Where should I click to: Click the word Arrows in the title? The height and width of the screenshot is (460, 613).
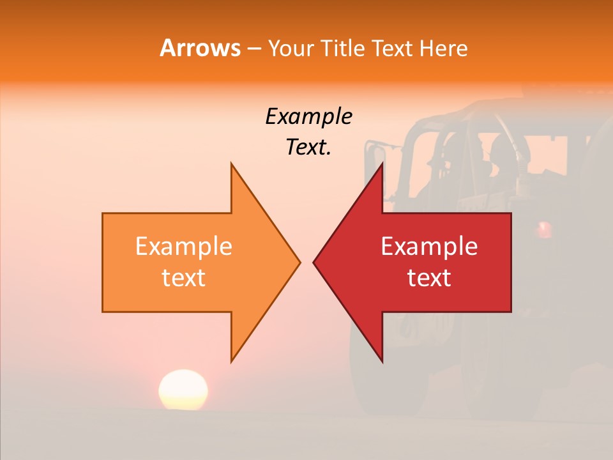[200, 48]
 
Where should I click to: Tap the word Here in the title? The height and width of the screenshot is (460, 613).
[443, 49]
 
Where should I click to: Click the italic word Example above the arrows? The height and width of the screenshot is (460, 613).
[308, 117]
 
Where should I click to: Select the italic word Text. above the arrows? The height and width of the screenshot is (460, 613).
[308, 148]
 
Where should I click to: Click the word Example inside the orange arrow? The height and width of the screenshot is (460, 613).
[183, 247]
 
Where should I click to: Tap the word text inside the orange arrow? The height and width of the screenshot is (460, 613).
[183, 278]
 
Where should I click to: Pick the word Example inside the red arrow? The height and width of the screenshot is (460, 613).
[429, 247]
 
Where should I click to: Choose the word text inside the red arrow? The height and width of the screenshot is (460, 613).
[429, 278]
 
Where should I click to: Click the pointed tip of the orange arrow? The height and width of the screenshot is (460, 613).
[299, 262]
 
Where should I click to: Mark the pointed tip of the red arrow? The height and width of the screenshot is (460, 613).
[314, 262]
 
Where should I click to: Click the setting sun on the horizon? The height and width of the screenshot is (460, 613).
[183, 390]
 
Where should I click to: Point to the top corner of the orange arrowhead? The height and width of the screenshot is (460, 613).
[232, 164]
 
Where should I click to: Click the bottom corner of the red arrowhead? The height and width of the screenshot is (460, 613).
[382, 361]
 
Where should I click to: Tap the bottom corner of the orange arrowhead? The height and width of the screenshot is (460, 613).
[232, 361]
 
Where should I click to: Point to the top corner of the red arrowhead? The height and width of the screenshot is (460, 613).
[382, 164]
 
